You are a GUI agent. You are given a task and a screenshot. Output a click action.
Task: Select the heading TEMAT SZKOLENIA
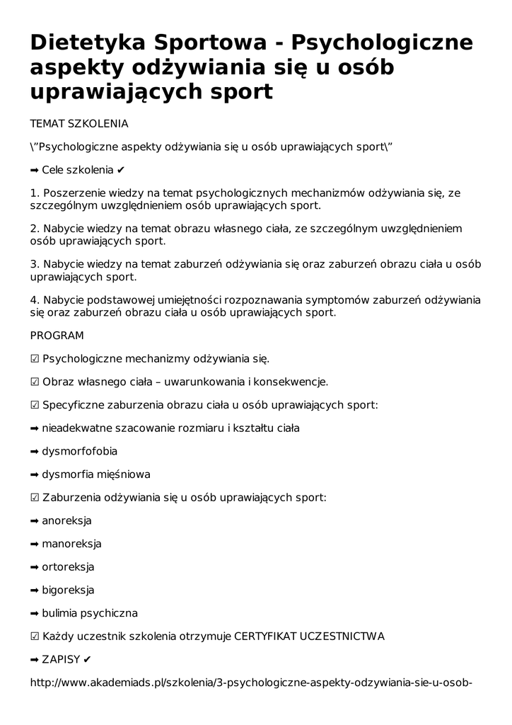79,124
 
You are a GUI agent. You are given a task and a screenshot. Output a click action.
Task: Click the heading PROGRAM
57,336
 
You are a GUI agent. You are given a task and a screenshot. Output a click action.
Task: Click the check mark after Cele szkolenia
122,171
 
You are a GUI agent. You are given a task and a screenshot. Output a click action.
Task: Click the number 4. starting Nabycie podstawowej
35,299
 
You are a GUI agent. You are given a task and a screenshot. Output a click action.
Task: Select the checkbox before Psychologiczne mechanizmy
35,359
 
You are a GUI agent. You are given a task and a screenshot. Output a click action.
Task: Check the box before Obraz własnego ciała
35,382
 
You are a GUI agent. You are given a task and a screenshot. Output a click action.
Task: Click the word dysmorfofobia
80,451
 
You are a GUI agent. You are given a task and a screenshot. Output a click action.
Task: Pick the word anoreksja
67,521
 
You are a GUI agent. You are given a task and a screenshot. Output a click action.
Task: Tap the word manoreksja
71,544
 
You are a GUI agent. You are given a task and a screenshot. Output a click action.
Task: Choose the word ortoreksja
68,567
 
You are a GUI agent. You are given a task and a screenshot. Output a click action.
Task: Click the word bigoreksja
68,590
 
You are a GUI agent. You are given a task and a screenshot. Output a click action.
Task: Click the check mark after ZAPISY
87,660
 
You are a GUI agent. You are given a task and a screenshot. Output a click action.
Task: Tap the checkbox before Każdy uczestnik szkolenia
35,636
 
